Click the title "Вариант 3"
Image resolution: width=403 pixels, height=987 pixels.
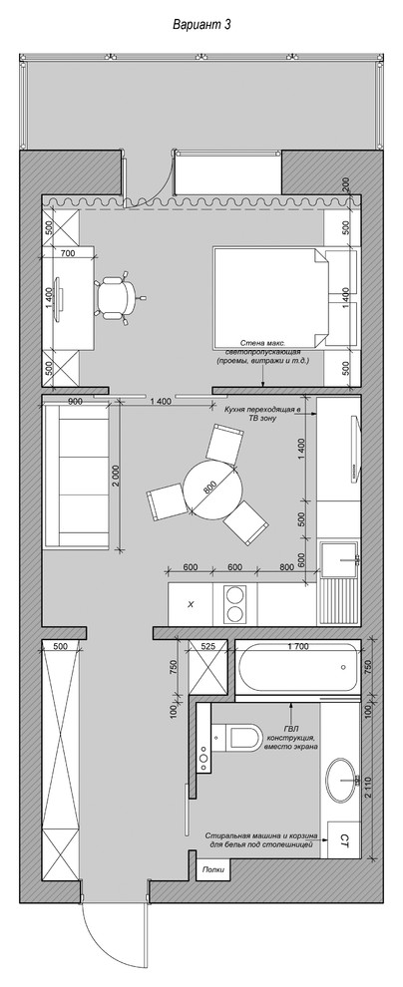(202, 25)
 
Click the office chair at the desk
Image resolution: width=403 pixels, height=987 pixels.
(121, 296)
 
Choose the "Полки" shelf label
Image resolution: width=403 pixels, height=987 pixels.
(211, 870)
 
